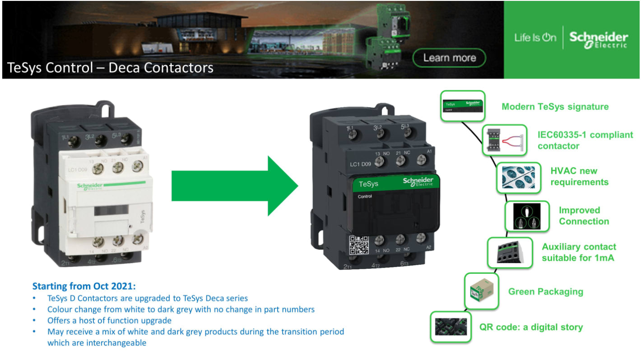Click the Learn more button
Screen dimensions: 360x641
pos(449,58)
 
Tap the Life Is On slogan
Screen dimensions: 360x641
pos(535,38)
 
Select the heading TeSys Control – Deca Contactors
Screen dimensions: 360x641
pos(110,68)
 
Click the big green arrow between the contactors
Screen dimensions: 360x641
pos(235,185)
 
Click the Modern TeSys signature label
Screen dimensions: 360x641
pos(555,107)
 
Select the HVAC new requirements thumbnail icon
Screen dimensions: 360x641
pos(518,178)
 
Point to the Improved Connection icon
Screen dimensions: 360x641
pos(527,217)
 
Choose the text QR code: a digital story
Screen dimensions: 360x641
pos(531,327)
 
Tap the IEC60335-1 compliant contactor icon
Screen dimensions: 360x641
pos(505,140)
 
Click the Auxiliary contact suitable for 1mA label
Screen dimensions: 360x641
pos(579,253)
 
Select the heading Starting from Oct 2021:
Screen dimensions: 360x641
pos(84,286)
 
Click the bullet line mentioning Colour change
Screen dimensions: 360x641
pos(181,309)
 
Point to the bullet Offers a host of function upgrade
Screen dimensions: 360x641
pos(109,321)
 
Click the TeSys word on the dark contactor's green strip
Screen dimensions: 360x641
pos(368,184)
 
